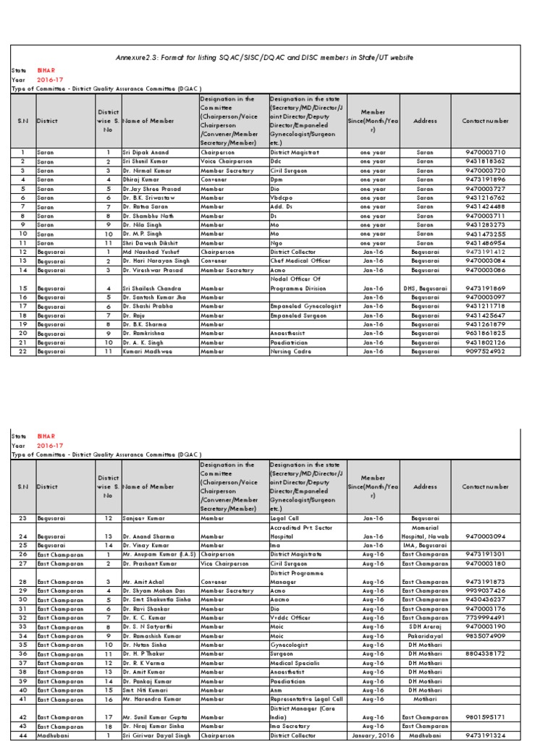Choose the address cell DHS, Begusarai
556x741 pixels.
click(425, 288)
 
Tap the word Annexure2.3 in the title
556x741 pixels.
click(139, 57)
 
